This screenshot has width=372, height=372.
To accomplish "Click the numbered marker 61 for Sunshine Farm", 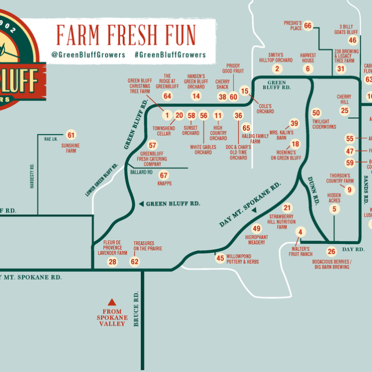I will pyautogui.click(x=71, y=135).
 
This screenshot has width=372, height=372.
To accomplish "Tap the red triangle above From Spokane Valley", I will pyautogui.click(x=112, y=302).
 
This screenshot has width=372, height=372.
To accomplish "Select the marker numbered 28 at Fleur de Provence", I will pyautogui.click(x=113, y=262).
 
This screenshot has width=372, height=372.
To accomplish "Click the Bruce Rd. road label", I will pyautogui.click(x=136, y=309).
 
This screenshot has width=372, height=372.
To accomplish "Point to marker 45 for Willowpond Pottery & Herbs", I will pyautogui.click(x=220, y=258).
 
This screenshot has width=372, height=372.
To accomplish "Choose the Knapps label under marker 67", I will pyautogui.click(x=164, y=183).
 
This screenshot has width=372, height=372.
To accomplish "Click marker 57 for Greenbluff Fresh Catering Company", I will pyautogui.click(x=152, y=145).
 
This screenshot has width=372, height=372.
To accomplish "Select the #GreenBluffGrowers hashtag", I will pyautogui.click(x=170, y=55).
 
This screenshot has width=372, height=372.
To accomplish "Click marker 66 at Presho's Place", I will pyautogui.click(x=308, y=25).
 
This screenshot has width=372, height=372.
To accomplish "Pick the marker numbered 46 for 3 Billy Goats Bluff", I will pyautogui.click(x=353, y=40).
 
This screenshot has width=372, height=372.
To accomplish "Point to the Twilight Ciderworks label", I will pyautogui.click(x=324, y=124).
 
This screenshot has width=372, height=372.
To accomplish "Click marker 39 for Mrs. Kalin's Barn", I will pyautogui.click(x=294, y=123).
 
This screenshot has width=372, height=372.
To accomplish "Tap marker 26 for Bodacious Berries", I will pyautogui.click(x=331, y=251).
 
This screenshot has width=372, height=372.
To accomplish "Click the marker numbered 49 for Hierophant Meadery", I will pyautogui.click(x=256, y=228).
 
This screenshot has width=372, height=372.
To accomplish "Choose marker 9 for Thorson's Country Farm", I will pyautogui.click(x=349, y=190).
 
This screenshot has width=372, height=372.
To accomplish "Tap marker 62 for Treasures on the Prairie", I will pyautogui.click(x=135, y=262).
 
